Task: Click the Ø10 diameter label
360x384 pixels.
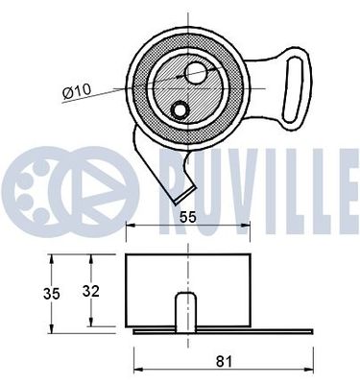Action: pyautogui.click(x=76, y=91)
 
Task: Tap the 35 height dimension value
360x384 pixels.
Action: pyautogui.click(x=31, y=293)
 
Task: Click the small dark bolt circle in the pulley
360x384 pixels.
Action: pyautogui.click(x=178, y=111)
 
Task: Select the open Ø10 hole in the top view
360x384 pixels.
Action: pyautogui.click(x=198, y=72)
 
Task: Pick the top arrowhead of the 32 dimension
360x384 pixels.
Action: pyautogui.click(x=92, y=258)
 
